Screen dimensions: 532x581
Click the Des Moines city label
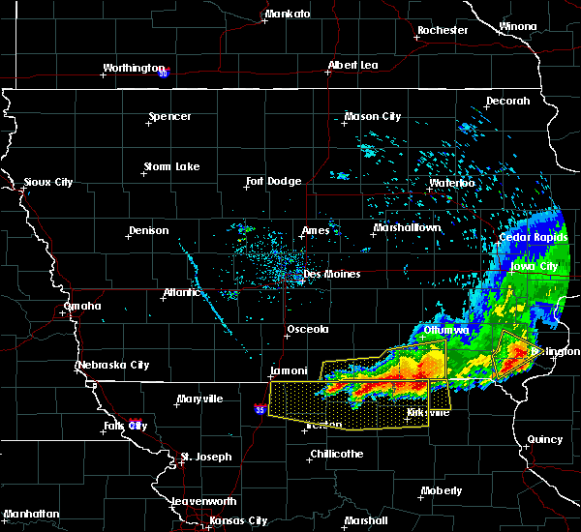tap(332, 274)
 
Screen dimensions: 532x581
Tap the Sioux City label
tap(48, 182)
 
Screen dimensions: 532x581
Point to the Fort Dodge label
tap(273, 181)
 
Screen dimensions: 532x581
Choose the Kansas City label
tap(238, 520)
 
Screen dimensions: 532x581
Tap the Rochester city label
tap(443, 30)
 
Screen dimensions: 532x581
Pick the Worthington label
tap(135, 68)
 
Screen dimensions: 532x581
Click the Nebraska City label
tap(112, 365)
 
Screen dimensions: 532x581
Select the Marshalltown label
tap(408, 228)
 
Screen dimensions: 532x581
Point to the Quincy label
tap(545, 439)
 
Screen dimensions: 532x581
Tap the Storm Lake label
tap(171, 166)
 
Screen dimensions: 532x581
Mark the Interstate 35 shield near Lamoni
tap(260, 410)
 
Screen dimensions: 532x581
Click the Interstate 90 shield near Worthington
tap(164, 73)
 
